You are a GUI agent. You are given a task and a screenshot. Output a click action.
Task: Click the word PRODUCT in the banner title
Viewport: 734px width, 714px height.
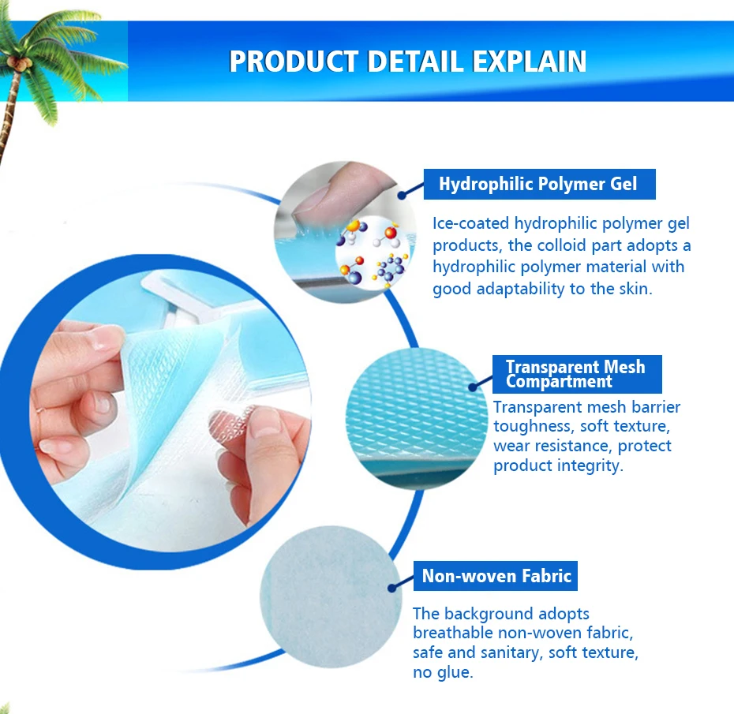click(x=294, y=62)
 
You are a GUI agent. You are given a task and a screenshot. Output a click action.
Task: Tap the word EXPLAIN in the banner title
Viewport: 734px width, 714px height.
click(x=529, y=62)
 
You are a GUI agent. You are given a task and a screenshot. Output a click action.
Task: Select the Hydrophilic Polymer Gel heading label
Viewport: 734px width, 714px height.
click(x=539, y=184)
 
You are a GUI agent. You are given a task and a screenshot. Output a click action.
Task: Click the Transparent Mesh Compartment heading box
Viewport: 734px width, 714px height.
click(x=577, y=374)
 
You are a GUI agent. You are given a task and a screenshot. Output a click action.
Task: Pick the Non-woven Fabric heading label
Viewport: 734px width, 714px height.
click(x=496, y=575)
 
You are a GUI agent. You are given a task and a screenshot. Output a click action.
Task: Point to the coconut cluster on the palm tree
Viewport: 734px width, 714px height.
click(x=20, y=63)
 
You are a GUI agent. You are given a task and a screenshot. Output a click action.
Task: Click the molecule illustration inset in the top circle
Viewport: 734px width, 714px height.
click(x=373, y=252)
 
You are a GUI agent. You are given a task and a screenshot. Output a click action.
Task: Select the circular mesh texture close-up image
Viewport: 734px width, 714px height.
click(x=416, y=419)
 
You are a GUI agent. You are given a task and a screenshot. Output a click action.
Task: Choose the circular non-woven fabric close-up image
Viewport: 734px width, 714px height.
click(x=331, y=596)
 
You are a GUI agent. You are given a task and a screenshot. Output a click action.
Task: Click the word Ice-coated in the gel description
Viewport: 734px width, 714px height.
click(x=471, y=223)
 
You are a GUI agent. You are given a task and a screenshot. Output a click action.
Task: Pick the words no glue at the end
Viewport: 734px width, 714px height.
click(x=443, y=673)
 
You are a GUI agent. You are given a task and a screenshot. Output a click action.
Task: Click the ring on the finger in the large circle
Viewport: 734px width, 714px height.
click(x=39, y=412)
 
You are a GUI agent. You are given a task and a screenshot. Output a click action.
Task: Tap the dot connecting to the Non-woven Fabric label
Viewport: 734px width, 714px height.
click(x=392, y=588)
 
